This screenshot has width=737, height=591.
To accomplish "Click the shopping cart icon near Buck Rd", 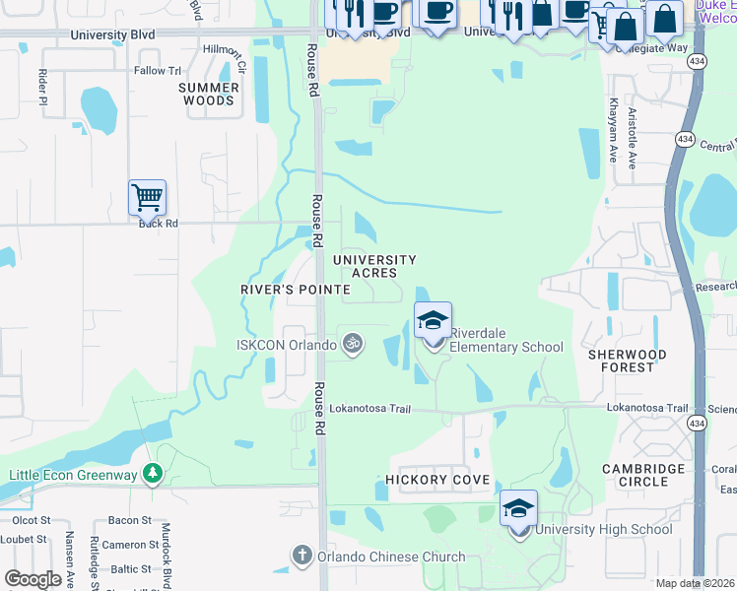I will (147, 197).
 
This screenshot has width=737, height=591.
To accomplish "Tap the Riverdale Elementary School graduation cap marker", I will (433, 320).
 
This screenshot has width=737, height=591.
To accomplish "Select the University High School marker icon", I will (518, 508).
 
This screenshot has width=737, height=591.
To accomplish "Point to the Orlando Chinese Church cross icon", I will (304, 557).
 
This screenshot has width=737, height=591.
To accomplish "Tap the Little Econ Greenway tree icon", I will (152, 475).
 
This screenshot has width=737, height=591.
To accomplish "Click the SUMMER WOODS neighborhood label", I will (209, 94).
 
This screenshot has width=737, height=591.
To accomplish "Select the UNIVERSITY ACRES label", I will (374, 266).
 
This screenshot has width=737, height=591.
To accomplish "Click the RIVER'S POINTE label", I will (296, 290).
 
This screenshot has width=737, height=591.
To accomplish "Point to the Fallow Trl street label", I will (159, 71).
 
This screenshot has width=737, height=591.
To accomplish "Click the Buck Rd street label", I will (158, 224).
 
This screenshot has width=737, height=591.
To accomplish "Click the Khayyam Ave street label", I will (612, 129).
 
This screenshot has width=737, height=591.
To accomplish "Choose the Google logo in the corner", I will (33, 579).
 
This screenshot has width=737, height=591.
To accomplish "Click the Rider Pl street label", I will (42, 86).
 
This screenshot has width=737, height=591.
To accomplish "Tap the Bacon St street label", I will (129, 520).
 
